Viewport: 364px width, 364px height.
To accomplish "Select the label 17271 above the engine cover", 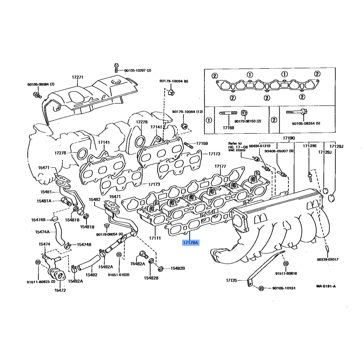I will point(78,77).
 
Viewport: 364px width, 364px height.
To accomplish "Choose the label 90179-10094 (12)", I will point(187,112).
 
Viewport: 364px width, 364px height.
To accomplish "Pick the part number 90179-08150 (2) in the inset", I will point(248,121).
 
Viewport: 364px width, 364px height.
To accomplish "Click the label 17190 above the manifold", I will point(288,137).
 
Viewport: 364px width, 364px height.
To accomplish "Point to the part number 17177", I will point(220,167).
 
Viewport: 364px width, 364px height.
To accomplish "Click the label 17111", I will point(155,238).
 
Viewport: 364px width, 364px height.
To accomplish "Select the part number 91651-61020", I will point(119,274).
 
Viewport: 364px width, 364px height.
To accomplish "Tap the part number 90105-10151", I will point(284,288).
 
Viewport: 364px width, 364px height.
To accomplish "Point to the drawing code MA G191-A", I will point(326,286).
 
